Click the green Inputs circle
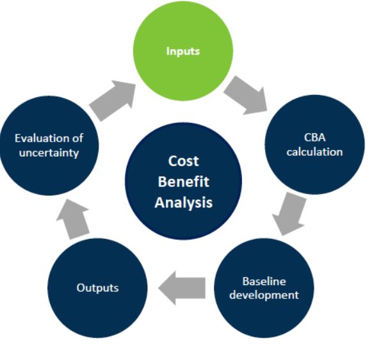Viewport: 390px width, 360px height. [x=183, y=51]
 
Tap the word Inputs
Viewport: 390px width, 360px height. [x=183, y=51]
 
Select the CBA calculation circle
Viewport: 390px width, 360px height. [x=314, y=145]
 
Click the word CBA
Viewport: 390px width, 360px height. [x=314, y=138]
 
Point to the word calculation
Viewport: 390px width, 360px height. [x=314, y=152]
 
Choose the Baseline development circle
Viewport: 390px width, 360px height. [x=264, y=288]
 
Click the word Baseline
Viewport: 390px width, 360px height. [x=264, y=281]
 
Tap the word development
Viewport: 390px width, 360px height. [x=264, y=295]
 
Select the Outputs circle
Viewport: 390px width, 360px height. [x=97, y=288]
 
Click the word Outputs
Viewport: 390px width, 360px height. [x=97, y=288]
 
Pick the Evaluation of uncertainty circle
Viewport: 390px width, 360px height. [x=49, y=145]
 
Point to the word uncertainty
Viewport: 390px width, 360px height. [x=49, y=153]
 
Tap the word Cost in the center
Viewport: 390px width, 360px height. [x=184, y=161]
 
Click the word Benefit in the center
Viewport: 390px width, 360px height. [x=184, y=182]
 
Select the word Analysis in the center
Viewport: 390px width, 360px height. [x=184, y=202]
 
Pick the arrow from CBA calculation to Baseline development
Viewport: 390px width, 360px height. [x=289, y=214]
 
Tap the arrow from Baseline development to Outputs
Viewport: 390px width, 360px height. [x=182, y=288]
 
